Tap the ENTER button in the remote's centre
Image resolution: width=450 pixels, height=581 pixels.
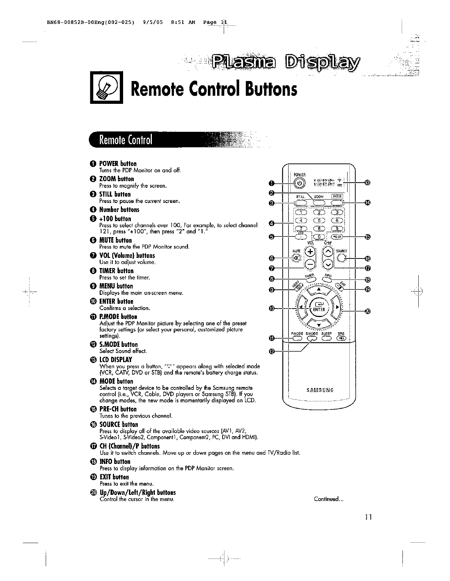coord(318,307)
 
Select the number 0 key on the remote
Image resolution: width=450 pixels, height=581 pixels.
coord(319,237)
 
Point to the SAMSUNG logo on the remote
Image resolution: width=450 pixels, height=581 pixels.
coord(319,390)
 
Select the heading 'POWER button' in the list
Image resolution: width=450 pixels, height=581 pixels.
coord(118,163)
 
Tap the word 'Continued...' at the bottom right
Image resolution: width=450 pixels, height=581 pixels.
coord(328,499)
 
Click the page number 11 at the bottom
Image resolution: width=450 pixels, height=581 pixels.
coord(367,517)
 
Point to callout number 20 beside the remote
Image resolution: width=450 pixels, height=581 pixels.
coord(367,312)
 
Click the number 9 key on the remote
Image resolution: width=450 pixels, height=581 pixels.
coord(336,228)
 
